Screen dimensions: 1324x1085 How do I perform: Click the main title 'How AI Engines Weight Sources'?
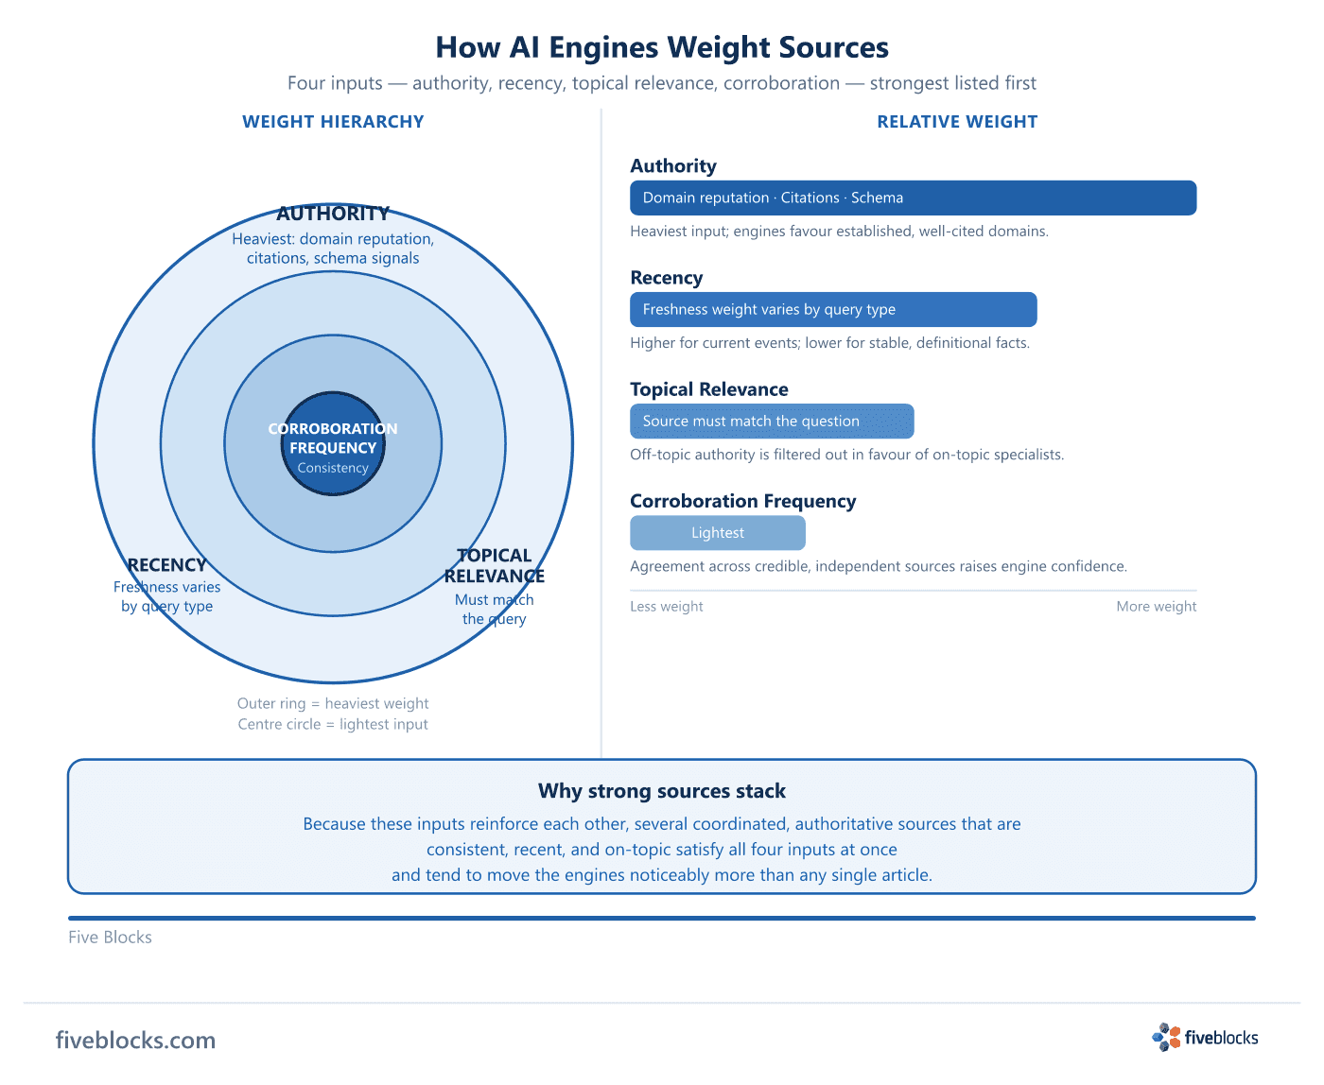click(662, 47)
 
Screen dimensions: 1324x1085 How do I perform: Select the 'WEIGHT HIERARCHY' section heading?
click(333, 121)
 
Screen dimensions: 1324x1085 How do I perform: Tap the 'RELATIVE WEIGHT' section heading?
click(957, 121)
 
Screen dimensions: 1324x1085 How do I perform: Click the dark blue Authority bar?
click(913, 198)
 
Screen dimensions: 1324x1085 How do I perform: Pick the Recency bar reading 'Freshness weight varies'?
click(833, 309)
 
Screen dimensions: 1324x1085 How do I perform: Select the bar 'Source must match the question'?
click(772, 422)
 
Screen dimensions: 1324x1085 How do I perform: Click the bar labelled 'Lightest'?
click(718, 533)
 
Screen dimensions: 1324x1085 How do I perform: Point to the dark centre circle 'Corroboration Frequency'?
click(333, 443)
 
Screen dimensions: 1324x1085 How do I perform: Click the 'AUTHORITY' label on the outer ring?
click(333, 214)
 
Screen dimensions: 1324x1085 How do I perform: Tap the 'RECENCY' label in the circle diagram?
click(167, 565)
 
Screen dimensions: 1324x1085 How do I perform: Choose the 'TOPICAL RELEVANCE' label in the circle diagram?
click(494, 565)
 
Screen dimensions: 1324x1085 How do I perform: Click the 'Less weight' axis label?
click(666, 606)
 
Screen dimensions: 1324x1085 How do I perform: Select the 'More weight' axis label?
click(1156, 606)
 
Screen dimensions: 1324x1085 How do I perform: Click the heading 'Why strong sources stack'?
click(662, 791)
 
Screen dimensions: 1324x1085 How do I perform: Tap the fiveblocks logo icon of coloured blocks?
click(1166, 1038)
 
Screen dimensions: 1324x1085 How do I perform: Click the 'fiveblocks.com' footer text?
click(135, 1040)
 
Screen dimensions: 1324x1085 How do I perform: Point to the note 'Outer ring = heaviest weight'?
click(333, 703)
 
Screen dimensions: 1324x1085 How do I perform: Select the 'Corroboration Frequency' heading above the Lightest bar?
click(742, 501)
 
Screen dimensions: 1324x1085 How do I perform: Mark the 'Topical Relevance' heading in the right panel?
click(708, 389)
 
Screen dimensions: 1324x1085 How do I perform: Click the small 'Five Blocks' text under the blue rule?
click(110, 937)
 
